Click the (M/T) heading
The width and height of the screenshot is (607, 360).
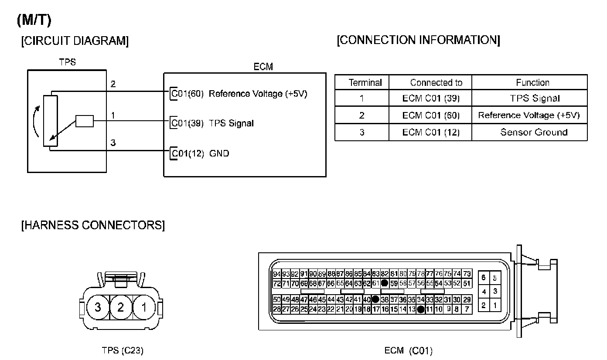point(34,20)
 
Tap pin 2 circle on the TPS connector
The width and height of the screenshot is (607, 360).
point(120,307)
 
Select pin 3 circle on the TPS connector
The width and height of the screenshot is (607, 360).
point(97,307)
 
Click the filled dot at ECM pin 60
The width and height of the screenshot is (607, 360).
point(385,283)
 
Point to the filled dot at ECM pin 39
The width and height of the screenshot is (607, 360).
point(375,299)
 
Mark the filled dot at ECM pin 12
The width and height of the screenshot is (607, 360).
point(420,309)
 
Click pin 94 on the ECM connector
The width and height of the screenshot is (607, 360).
point(276,274)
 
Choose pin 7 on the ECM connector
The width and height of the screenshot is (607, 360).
point(467,309)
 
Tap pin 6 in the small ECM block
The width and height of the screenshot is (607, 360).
point(484,278)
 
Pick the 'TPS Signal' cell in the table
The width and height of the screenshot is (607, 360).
point(535,98)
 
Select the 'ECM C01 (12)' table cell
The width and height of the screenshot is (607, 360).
point(430,132)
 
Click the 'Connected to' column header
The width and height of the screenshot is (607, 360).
point(436,82)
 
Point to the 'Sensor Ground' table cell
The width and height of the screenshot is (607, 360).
point(534,132)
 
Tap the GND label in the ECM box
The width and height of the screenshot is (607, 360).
point(219,153)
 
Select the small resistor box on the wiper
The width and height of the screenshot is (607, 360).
point(84,121)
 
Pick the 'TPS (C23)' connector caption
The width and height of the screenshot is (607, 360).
point(122,350)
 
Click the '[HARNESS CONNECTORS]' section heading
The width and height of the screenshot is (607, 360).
point(93,226)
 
